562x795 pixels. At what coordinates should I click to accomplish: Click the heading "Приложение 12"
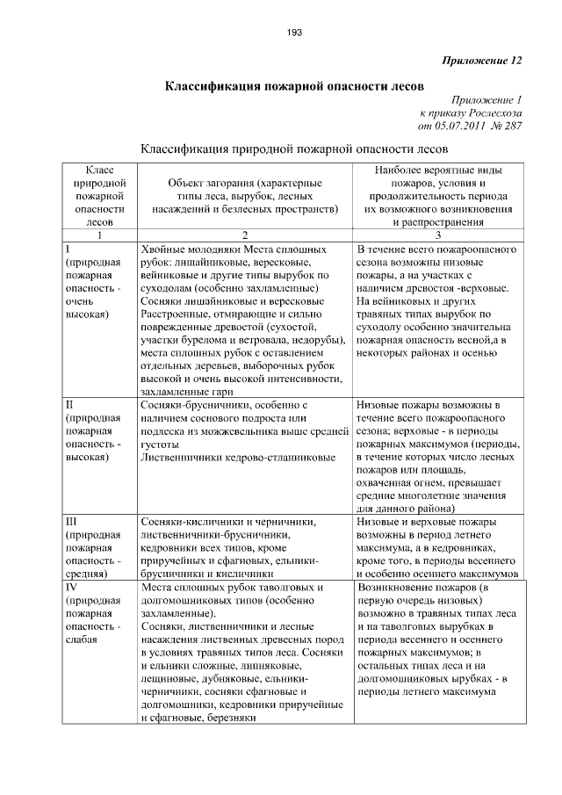(483, 61)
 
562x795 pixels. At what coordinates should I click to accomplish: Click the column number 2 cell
(245, 235)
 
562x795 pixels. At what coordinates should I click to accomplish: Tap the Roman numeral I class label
(68, 249)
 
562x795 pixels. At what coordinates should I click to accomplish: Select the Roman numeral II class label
(70, 405)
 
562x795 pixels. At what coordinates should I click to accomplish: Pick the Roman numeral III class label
(73, 521)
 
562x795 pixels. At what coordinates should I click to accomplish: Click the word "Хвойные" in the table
(164, 249)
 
